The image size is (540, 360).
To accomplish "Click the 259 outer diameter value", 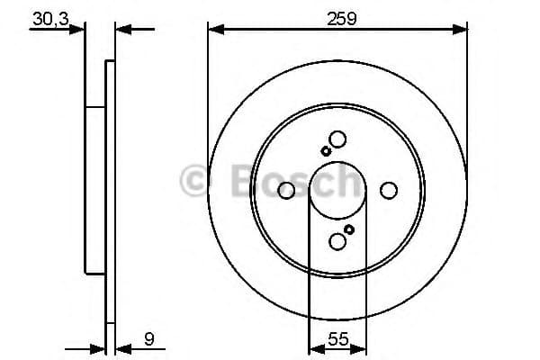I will pyautogui.click(x=337, y=17).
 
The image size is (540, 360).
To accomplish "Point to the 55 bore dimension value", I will pyautogui.click(x=337, y=340).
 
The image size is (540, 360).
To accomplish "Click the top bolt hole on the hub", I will pyautogui.click(x=337, y=139).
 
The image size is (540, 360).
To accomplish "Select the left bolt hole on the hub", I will pyautogui.click(x=286, y=190).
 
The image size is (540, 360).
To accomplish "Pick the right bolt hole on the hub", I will pyautogui.click(x=389, y=190).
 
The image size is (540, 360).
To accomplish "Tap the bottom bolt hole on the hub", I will pyautogui.click(x=337, y=241).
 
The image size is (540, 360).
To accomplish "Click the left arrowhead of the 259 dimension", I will pyautogui.click(x=214, y=30).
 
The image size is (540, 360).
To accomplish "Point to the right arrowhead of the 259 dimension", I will pyautogui.click(x=462, y=30).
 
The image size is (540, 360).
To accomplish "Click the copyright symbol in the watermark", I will pyautogui.click(x=194, y=181).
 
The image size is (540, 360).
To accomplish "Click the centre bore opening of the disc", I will pyautogui.click(x=337, y=191).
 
